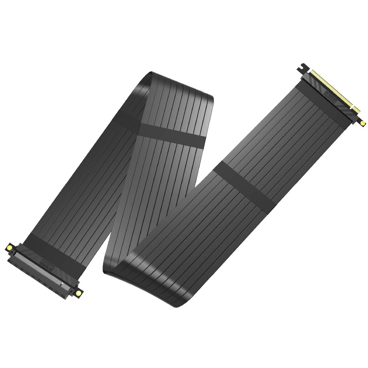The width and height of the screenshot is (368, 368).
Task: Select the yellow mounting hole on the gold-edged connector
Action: point(363,123)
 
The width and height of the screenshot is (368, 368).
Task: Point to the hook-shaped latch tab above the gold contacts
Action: point(303,68)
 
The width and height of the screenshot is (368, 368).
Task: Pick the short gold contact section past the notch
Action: point(356,109)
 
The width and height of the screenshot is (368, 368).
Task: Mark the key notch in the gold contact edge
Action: point(353,106)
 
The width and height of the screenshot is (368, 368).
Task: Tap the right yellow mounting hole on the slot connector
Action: point(78,293)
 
